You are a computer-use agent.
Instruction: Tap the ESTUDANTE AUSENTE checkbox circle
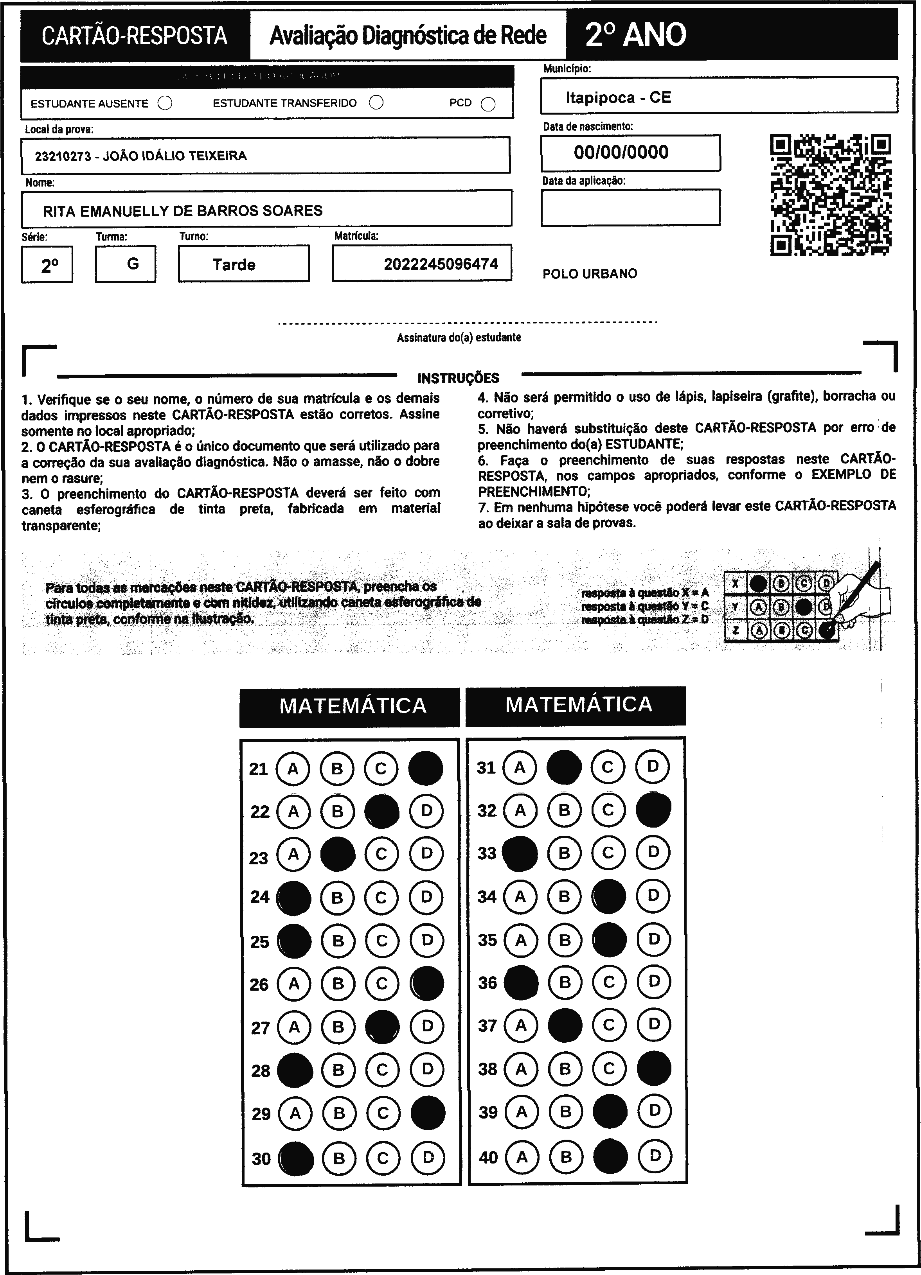(165, 103)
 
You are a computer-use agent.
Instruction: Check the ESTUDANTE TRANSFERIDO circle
(376, 102)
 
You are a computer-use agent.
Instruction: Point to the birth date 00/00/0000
(621, 153)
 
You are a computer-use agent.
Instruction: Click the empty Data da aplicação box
(630, 207)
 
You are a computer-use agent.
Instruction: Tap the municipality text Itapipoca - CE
(619, 98)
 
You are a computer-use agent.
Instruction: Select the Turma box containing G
(126, 264)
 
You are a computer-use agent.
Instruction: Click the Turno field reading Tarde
(234, 265)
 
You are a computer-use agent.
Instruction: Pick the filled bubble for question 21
(426, 768)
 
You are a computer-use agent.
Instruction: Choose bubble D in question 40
(655, 1156)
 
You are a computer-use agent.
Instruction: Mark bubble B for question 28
(338, 1070)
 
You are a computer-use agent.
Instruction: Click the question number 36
(487, 983)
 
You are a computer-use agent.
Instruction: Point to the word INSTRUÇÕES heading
(458, 378)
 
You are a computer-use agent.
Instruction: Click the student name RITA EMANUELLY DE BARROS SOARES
(183, 211)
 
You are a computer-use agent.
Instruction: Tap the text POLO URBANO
(590, 274)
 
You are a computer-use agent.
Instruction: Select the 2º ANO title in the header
(635, 35)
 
